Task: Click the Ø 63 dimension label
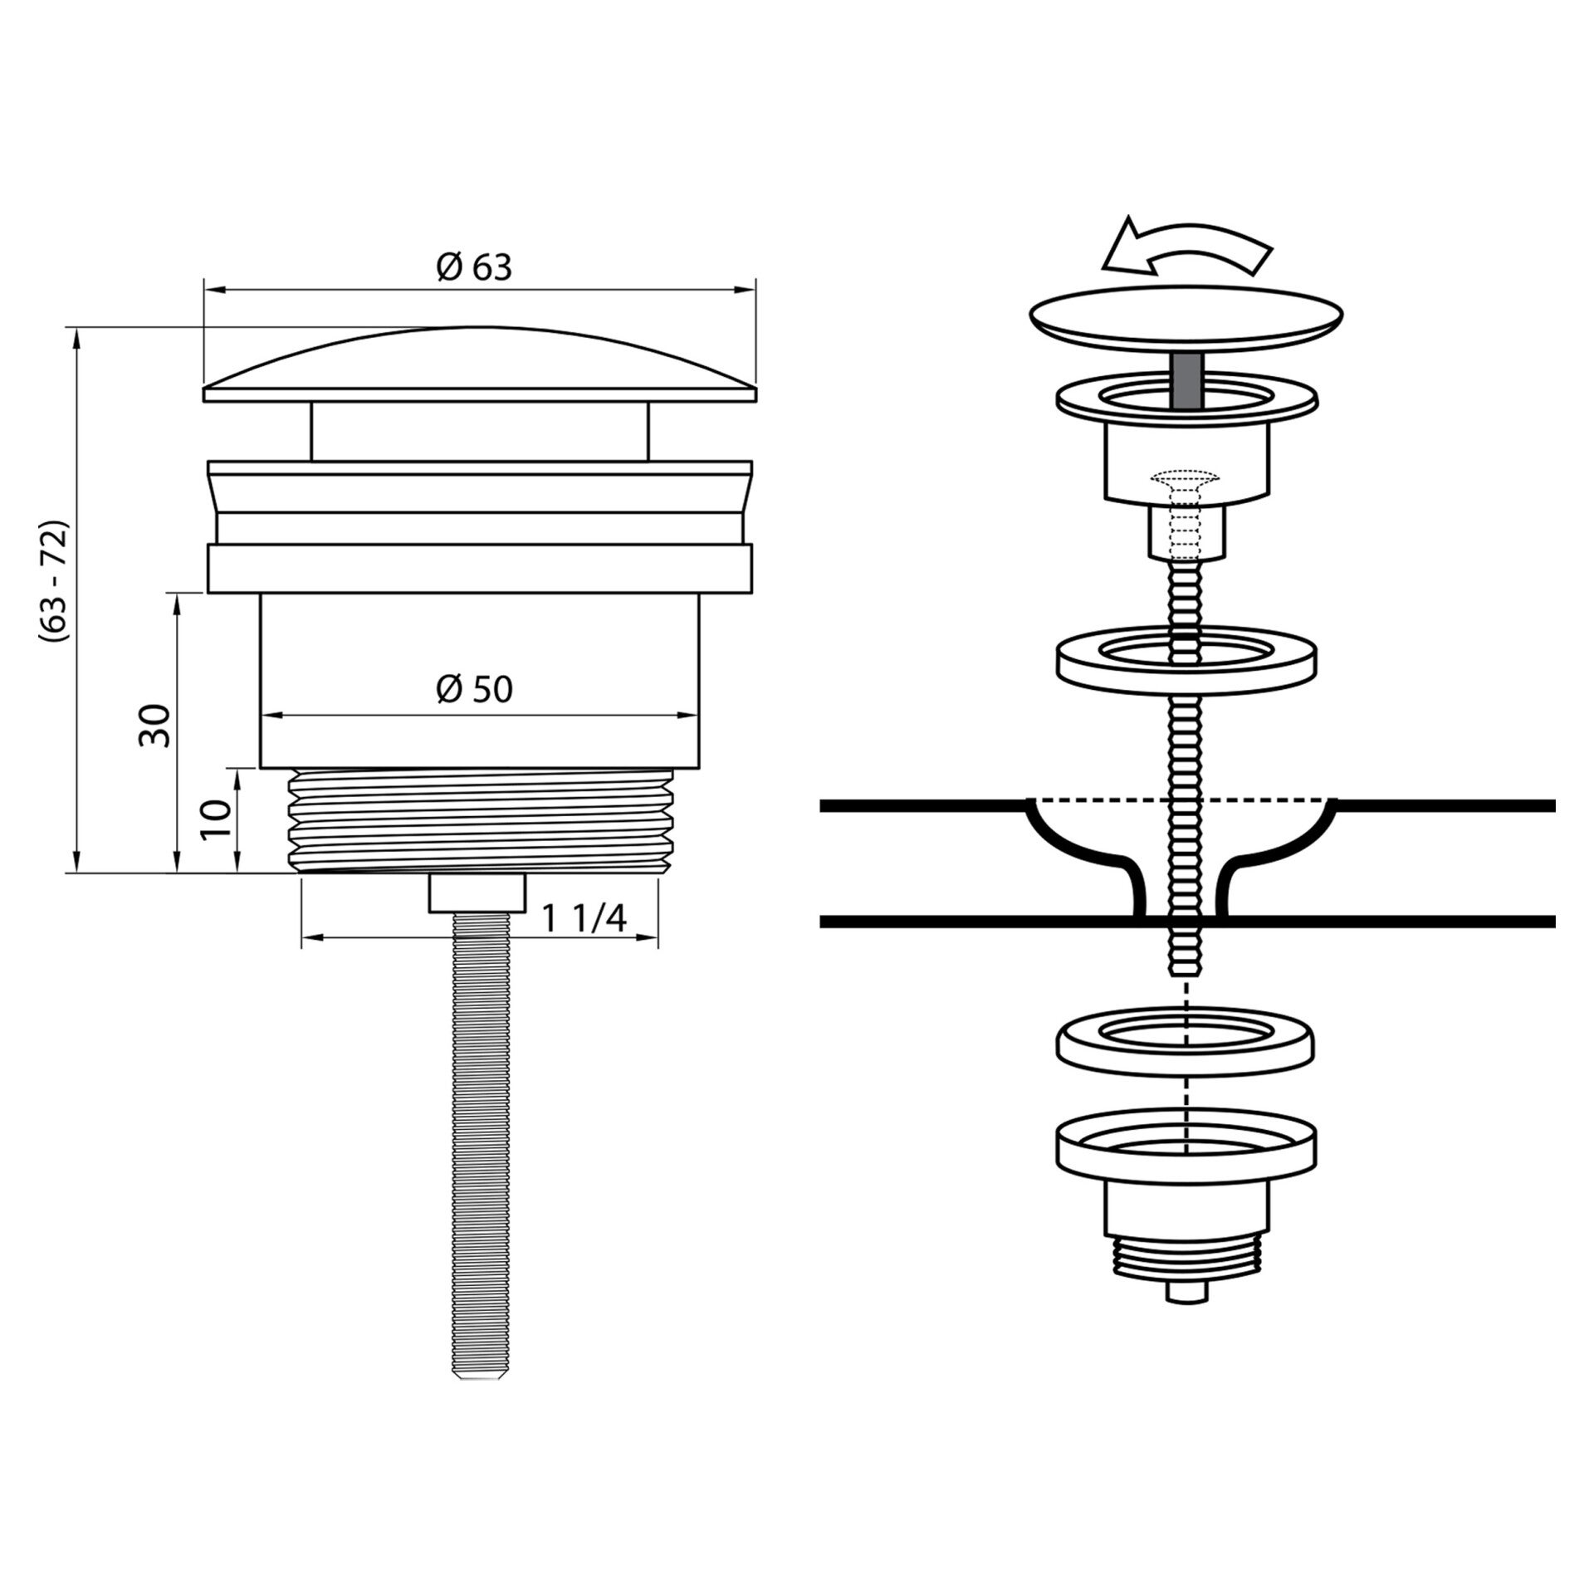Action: point(474,267)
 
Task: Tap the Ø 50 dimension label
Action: point(474,689)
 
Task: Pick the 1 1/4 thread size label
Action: point(584,918)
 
